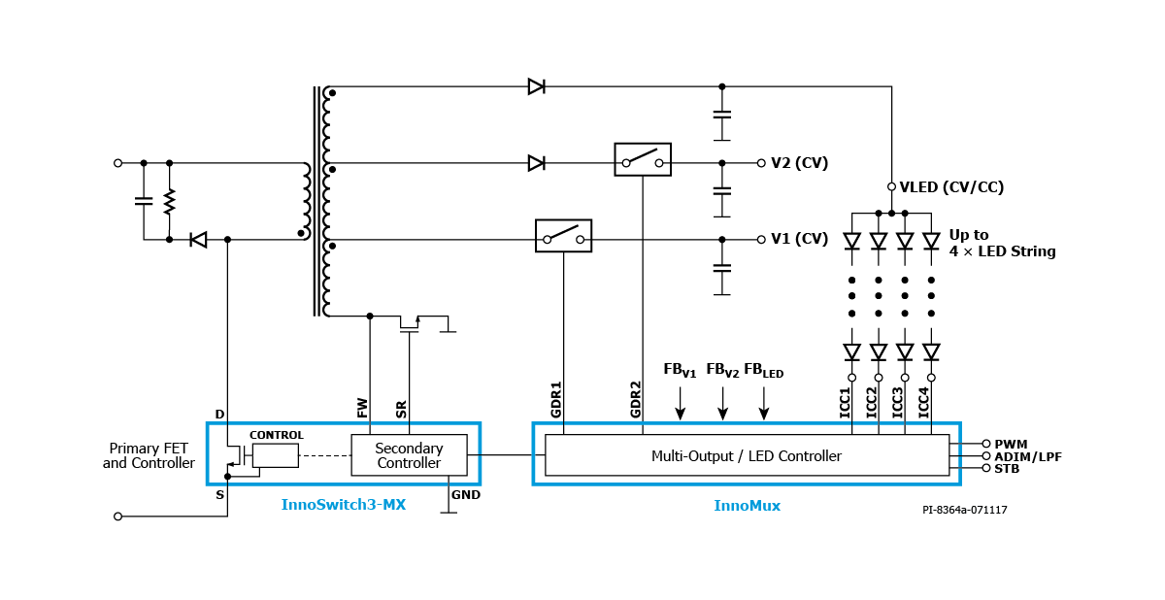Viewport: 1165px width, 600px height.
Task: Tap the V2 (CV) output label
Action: coord(799,163)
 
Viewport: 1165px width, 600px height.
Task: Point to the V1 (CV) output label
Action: coord(799,239)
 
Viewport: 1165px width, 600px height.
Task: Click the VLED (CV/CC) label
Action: coord(951,186)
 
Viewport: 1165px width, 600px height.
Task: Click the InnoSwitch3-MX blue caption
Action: coord(344,505)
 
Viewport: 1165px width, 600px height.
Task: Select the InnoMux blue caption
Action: coord(747,506)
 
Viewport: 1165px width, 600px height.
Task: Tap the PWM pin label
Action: coord(1011,444)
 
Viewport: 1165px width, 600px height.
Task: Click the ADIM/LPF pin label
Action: coord(1028,456)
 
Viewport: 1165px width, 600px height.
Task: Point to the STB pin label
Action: coord(1007,469)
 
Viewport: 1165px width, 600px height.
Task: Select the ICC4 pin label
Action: coord(923,402)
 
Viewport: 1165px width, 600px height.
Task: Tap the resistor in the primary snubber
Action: coord(169,202)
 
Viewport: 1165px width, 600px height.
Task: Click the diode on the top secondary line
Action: coord(536,86)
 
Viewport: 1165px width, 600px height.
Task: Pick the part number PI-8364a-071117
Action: coord(965,510)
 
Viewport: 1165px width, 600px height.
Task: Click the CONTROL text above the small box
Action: coord(276,435)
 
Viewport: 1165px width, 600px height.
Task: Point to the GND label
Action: coord(465,494)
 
